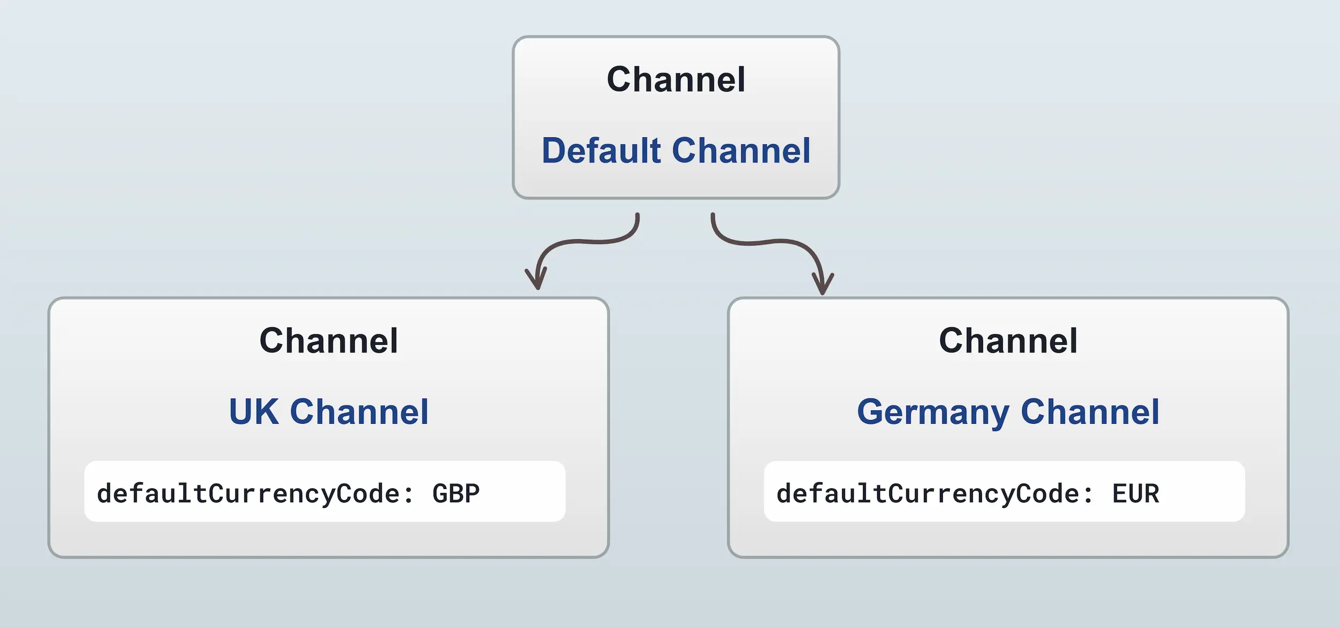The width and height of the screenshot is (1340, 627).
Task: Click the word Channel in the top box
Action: coord(676,80)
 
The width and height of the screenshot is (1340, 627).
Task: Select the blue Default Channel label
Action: coord(676,151)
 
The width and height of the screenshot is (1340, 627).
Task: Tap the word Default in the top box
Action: coord(601,151)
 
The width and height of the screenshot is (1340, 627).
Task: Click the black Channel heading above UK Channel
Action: coord(329,341)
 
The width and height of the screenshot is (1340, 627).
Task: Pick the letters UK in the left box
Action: coord(254,412)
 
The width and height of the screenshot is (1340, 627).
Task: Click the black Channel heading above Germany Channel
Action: coord(1008,341)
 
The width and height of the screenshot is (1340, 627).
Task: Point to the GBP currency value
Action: coord(456,493)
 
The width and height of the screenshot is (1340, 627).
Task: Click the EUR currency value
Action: coord(1135,493)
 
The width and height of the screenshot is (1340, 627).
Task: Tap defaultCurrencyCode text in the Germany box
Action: coord(928,493)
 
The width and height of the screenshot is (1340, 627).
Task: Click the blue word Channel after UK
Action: coord(359,412)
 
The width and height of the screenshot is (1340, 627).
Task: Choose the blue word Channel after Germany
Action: coord(1090,412)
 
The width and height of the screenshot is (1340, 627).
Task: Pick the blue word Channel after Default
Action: coord(741,151)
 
